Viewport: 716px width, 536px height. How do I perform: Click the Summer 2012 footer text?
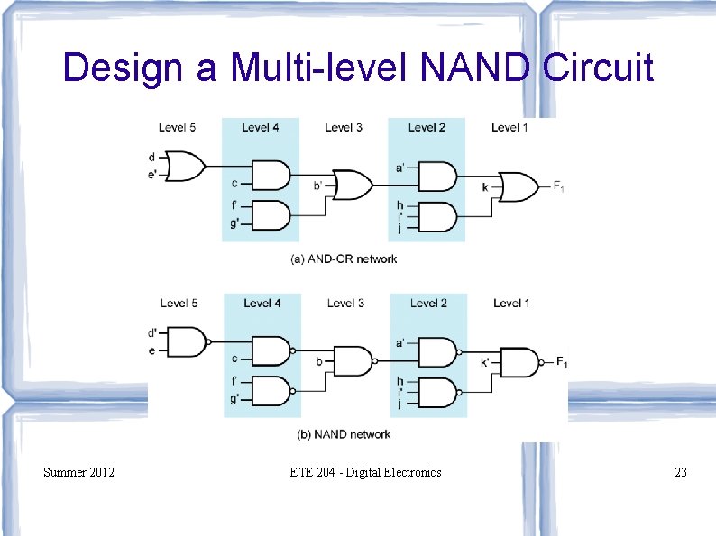click(78, 471)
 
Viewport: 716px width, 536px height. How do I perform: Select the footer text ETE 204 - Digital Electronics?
click(365, 471)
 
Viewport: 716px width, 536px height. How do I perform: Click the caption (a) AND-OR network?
click(344, 259)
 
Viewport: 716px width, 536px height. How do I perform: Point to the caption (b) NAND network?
click(344, 434)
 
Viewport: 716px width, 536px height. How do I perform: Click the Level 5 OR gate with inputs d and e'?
click(187, 167)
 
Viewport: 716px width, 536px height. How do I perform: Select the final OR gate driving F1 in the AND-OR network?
click(518, 186)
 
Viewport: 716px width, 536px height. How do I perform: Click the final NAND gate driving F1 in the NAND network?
click(519, 362)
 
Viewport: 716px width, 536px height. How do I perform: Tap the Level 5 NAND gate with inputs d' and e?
click(188, 342)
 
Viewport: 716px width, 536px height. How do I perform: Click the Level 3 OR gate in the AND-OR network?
click(352, 186)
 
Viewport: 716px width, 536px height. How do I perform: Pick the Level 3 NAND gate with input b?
click(353, 362)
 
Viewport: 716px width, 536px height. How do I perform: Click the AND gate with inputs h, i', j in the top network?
click(438, 216)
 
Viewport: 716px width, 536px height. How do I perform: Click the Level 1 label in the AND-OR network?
click(509, 127)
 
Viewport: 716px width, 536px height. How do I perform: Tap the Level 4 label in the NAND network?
click(262, 304)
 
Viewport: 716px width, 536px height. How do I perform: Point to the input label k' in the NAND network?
click(486, 362)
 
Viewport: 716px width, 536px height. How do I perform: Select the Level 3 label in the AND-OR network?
click(344, 127)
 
